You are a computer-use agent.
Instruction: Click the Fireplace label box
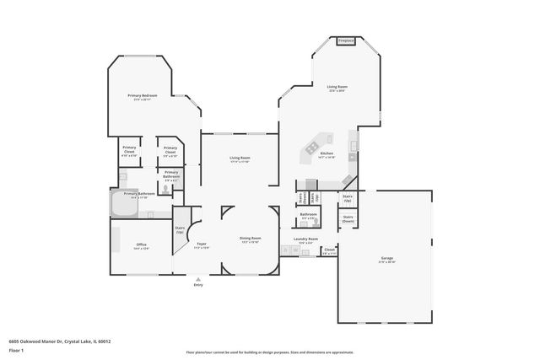345,40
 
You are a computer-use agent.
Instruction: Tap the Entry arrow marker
198,279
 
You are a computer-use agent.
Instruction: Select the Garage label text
387,261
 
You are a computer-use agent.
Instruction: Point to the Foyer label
201,245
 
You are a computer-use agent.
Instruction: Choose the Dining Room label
250,239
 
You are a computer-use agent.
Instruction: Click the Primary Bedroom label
140,98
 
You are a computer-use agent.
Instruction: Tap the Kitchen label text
327,154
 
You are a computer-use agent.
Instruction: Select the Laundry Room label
305,240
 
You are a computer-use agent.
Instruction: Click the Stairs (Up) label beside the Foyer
180,229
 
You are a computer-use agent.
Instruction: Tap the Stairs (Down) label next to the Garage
348,218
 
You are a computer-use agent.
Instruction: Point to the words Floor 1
16,349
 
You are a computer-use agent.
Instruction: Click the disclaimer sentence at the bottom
269,352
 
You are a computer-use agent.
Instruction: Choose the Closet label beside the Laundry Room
329,250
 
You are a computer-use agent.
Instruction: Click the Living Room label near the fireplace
337,88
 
